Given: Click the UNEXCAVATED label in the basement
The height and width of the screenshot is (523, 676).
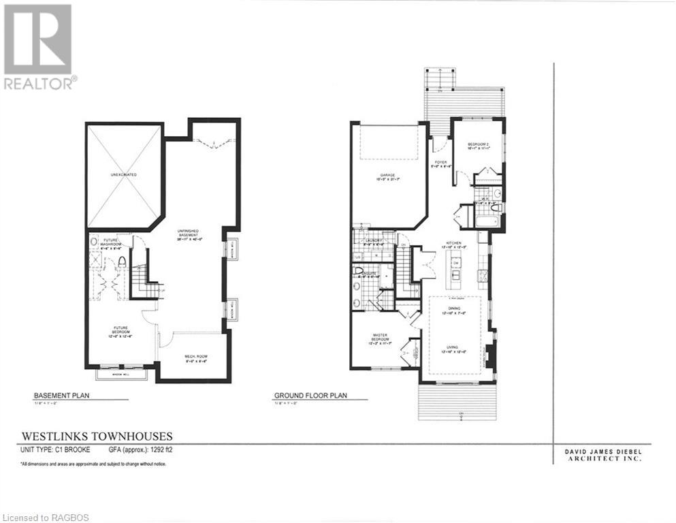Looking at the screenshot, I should click(123, 175).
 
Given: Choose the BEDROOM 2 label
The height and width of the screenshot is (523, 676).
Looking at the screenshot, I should click(479, 145).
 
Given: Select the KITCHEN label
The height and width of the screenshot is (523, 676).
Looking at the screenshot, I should click(455, 243).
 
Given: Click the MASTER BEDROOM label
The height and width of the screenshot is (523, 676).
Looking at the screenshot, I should click(379, 338).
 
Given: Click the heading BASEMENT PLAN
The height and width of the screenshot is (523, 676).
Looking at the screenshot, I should click(62, 395).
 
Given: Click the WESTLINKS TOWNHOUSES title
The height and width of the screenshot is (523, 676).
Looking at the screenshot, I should click(97, 436).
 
